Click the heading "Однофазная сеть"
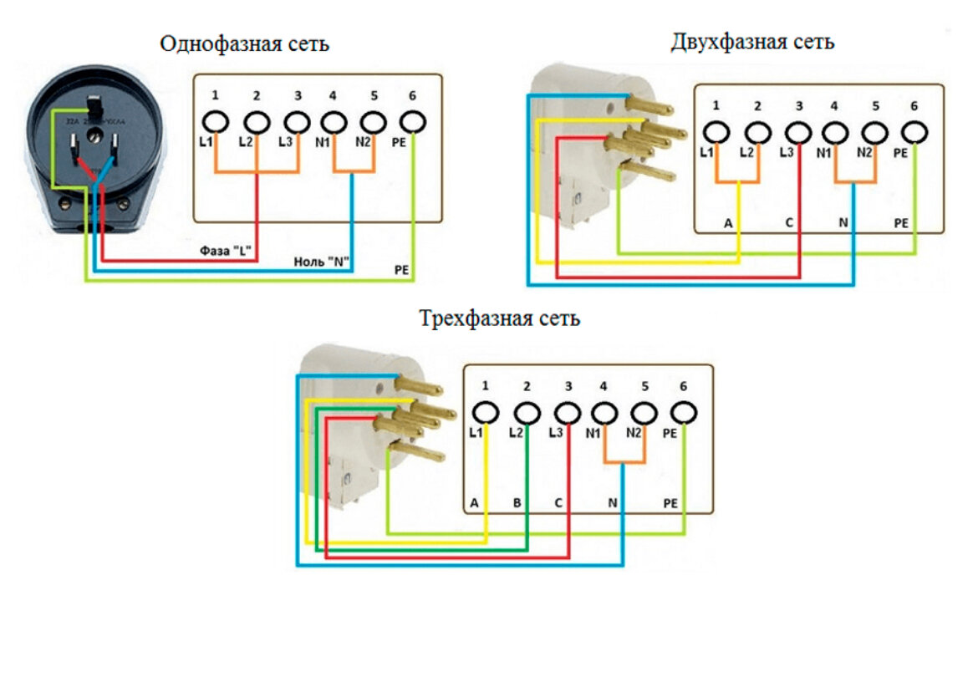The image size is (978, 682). pyautogui.click(x=245, y=44)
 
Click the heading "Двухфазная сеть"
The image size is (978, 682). pyautogui.click(x=752, y=42)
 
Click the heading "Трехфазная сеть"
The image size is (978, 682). pyautogui.click(x=499, y=318)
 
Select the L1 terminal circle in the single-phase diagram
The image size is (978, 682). pyautogui.click(x=216, y=121)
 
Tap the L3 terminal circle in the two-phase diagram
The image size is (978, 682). pyautogui.click(x=799, y=133)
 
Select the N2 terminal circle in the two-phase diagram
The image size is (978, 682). pyautogui.click(x=874, y=133)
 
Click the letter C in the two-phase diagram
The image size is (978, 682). pyautogui.click(x=789, y=224)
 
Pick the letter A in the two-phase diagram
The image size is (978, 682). pyautogui.click(x=727, y=224)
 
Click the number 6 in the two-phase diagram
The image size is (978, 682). pyautogui.click(x=914, y=105)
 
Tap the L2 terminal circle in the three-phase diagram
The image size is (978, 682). pyautogui.click(x=527, y=413)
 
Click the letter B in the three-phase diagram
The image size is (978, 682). pyautogui.click(x=517, y=504)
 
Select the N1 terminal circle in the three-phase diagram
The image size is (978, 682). pyautogui.click(x=604, y=413)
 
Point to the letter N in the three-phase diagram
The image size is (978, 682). pyautogui.click(x=612, y=504)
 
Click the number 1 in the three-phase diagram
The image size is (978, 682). pyautogui.click(x=486, y=385)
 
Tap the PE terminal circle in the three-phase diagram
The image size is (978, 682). pyautogui.click(x=684, y=413)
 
